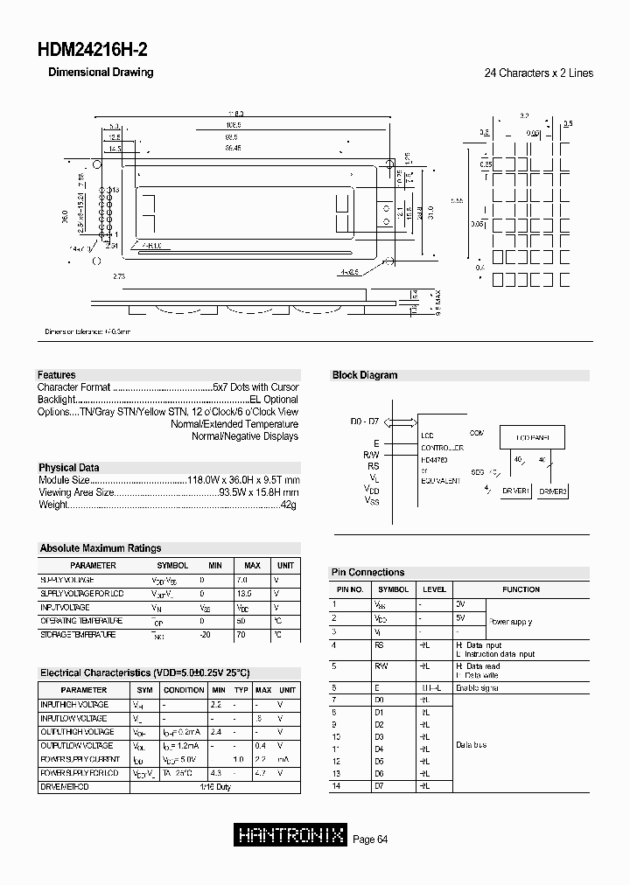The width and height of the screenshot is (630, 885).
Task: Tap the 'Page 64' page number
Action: (370, 840)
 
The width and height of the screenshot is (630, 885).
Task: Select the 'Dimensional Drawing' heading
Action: (100, 73)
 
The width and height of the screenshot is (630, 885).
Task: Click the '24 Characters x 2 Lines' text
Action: (538, 73)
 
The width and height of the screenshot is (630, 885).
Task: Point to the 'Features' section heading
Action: (56, 375)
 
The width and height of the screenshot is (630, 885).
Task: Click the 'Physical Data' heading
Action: (68, 468)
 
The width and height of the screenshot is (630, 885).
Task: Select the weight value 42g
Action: (290, 505)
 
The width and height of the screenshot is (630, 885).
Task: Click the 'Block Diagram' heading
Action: (364, 375)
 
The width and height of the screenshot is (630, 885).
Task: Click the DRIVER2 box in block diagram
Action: (552, 491)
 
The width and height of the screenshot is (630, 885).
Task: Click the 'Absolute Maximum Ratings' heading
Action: (101, 548)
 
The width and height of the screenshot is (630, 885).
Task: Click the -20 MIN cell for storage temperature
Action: (205, 634)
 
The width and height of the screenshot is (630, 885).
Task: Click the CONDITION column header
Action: (184, 689)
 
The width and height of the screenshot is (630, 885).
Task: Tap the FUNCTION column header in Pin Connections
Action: (521, 589)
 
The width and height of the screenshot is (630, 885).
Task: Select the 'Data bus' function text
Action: (471, 745)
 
